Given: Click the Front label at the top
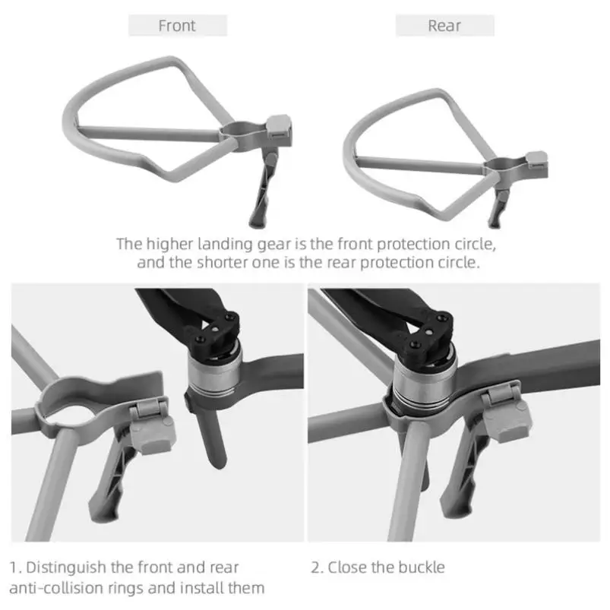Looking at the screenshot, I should (177, 26).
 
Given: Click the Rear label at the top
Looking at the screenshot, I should (444, 26).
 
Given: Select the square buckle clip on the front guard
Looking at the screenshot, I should (280, 125).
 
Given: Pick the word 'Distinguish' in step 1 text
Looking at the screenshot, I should (68, 567).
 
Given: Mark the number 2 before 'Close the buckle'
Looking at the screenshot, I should (316, 567).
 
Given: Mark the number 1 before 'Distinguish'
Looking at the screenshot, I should (14, 567).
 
